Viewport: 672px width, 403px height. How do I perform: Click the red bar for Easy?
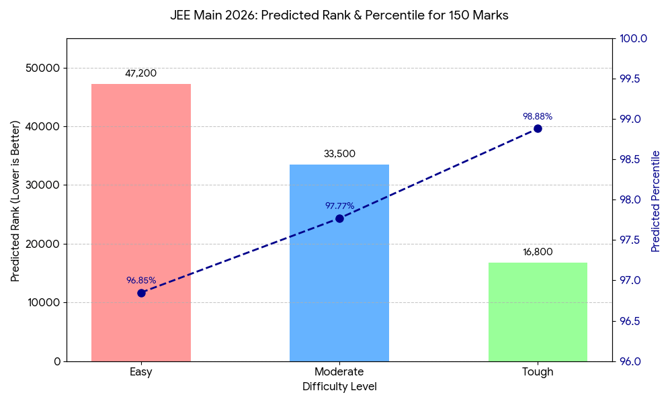[141, 222]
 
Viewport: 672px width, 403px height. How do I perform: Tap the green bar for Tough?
[538, 312]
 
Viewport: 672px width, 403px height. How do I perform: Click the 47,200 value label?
[141, 73]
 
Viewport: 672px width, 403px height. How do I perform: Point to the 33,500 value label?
[339, 154]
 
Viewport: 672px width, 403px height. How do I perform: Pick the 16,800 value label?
[538, 252]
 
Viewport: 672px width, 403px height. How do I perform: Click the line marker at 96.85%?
[141, 293]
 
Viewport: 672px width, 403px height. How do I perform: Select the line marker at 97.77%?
[339, 218]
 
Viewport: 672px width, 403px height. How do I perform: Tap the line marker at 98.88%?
[538, 128]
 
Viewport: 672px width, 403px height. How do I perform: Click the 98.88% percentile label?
[538, 116]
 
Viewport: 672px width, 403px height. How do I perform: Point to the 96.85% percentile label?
[141, 280]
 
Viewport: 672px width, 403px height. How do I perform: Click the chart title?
[339, 15]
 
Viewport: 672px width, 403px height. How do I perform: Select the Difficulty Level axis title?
[339, 387]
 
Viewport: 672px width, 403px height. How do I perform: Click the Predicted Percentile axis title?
[656, 201]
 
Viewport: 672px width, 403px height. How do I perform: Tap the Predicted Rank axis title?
[15, 201]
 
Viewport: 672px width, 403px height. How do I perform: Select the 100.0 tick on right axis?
[633, 39]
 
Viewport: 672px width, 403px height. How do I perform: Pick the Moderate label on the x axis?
[339, 372]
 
